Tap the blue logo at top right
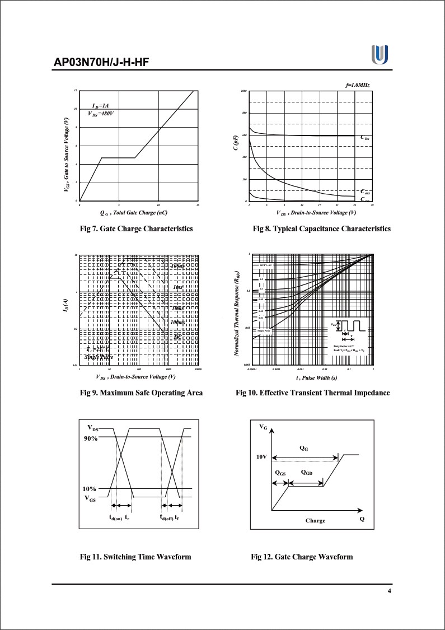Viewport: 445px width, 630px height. click(380, 55)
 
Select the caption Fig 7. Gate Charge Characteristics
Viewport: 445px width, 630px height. click(137, 228)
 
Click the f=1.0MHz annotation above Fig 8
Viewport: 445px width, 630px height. click(358, 85)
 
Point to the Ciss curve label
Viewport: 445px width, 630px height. click(364, 137)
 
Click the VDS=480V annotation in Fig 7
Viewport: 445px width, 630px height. click(101, 113)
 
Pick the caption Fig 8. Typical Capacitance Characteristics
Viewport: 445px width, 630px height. click(321, 228)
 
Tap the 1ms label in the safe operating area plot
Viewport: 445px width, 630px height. click(178, 287)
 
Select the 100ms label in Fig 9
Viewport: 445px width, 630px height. click(177, 323)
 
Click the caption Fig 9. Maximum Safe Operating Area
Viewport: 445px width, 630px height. click(141, 393)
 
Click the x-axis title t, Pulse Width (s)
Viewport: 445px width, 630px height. click(313, 378)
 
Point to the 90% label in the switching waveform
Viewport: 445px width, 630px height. click(91, 438)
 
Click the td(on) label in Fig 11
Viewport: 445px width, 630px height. click(115, 518)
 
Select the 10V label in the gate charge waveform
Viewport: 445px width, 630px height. click(262, 456)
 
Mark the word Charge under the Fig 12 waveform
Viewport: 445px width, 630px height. click(315, 520)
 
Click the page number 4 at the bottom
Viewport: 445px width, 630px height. click(390, 592)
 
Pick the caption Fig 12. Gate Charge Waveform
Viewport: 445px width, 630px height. click(302, 557)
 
